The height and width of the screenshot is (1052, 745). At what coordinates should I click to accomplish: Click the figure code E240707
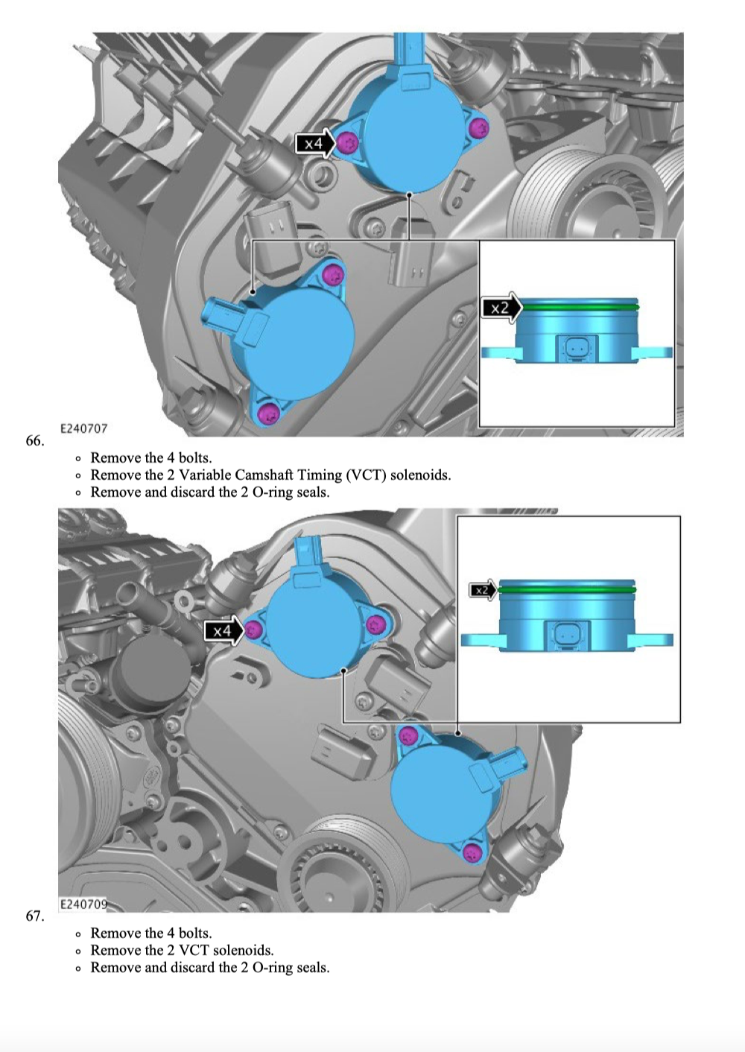[x=84, y=428]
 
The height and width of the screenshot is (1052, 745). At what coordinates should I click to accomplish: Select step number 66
[x=35, y=440]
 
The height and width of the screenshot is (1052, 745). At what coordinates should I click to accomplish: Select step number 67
[x=35, y=916]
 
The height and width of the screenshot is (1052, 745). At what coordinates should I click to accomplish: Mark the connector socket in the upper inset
[x=577, y=349]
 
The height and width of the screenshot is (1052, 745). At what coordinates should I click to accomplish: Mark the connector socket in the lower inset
[x=566, y=636]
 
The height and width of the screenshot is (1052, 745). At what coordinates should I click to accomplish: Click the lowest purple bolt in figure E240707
[x=270, y=412]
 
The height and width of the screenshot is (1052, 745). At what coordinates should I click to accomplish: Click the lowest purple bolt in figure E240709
[x=472, y=852]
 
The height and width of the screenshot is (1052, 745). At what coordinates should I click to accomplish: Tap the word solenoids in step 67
[x=244, y=951]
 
